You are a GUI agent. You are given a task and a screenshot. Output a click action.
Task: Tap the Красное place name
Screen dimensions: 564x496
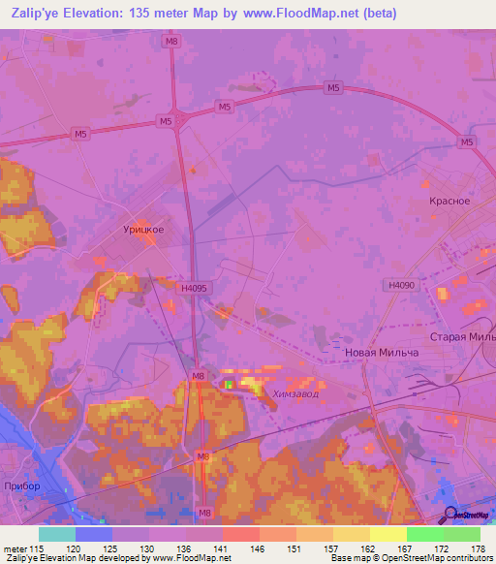coord(449,201)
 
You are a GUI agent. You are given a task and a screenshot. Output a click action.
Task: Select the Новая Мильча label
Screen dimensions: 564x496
coord(382,353)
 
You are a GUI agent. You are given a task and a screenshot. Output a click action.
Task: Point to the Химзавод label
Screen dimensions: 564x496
coord(295,393)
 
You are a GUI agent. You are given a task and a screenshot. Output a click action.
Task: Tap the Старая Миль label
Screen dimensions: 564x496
coord(468,336)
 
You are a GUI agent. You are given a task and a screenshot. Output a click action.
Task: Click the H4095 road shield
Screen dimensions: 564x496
coord(195,288)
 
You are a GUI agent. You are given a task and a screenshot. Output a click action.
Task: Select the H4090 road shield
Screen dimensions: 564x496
coord(399,285)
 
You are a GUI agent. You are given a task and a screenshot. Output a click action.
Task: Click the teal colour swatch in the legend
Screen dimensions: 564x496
coord(57,534)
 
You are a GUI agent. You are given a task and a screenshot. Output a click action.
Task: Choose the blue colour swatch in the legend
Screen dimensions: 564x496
coord(94,534)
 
